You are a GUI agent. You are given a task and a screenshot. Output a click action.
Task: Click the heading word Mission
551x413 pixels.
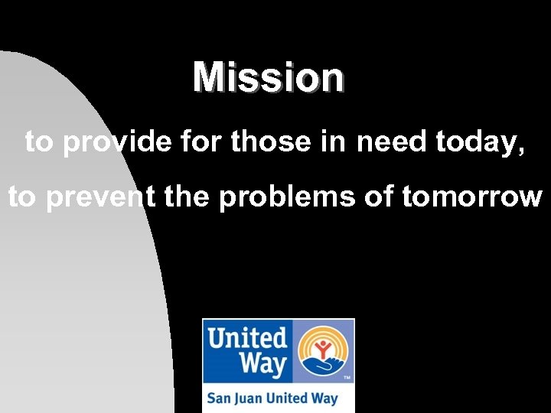(x=269, y=77)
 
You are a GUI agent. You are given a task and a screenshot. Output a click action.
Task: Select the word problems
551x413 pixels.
(x=288, y=197)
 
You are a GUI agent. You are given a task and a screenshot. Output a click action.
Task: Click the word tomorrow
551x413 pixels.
(x=471, y=197)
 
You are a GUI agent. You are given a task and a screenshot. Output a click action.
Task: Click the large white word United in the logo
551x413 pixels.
(x=247, y=337)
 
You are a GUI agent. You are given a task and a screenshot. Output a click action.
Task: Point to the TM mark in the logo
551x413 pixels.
(x=347, y=379)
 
